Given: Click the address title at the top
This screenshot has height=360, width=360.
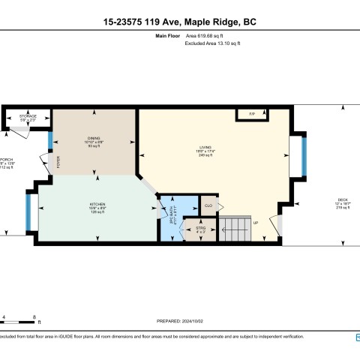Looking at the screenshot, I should [179, 22].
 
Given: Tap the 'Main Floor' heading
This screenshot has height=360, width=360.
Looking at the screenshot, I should [169, 35].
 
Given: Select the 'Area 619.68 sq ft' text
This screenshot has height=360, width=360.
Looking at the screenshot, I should [209, 35].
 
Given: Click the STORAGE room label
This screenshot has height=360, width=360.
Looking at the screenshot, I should [28, 117].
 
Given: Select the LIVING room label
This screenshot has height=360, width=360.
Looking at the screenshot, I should [205, 148].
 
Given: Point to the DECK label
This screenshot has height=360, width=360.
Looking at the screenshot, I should [342, 201].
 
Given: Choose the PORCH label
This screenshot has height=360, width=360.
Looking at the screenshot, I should [6, 161].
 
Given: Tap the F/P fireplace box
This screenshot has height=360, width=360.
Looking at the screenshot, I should [252, 114].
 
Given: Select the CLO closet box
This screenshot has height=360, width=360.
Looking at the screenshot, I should [207, 204].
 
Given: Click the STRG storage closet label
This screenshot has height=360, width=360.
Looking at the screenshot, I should [200, 229].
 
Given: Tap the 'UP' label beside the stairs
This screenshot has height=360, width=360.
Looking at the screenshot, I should [256, 223].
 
